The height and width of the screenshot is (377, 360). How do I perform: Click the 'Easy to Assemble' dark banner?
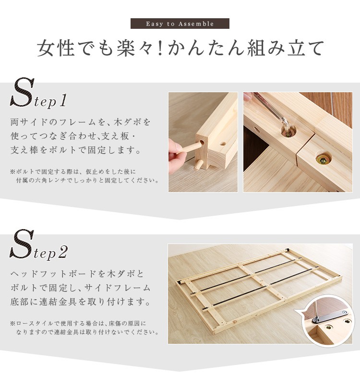[180, 24]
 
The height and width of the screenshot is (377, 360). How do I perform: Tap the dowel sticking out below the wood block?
[198, 165]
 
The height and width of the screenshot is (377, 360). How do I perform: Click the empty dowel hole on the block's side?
[223, 144]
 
